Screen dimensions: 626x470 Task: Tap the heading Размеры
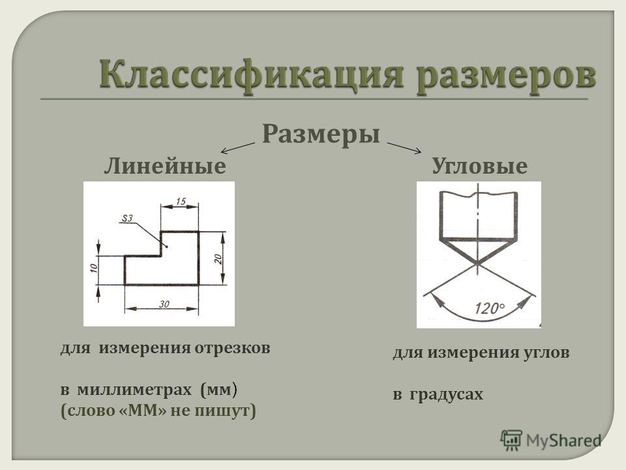(321, 134)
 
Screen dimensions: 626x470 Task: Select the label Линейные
(165, 165)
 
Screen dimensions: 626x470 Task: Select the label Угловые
(479, 165)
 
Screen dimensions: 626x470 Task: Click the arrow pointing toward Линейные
(238, 148)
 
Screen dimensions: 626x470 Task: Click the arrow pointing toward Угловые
(404, 148)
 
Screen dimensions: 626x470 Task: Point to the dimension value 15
(181, 201)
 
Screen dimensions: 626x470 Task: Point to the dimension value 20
(218, 258)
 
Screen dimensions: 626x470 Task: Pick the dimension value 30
(164, 304)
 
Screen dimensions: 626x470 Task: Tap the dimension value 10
(93, 268)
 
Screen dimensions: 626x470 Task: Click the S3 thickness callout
(127, 218)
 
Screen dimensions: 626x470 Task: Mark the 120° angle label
(490, 308)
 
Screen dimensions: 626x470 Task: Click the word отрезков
(232, 348)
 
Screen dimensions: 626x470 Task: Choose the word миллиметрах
(134, 389)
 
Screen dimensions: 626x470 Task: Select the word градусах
(446, 394)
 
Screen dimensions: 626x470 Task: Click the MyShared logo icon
(511, 441)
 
